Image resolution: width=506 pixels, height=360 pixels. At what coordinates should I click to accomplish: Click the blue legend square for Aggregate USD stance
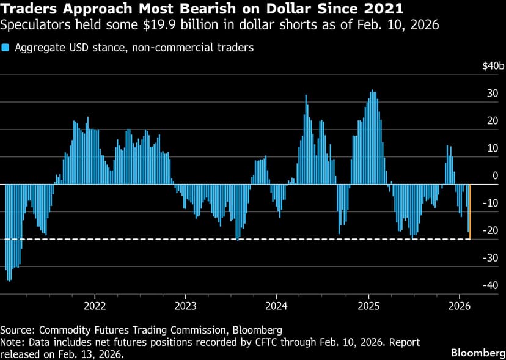click(x=5, y=47)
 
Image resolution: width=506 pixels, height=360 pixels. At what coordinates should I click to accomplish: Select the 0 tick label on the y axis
click(x=496, y=176)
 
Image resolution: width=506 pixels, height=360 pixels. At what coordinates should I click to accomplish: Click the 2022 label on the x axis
click(x=95, y=305)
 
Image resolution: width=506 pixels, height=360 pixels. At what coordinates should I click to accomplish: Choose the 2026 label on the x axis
click(x=459, y=305)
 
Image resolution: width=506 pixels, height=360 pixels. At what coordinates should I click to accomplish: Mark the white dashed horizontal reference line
click(x=244, y=239)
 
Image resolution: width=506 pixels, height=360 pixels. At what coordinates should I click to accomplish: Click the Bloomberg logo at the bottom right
click(x=475, y=353)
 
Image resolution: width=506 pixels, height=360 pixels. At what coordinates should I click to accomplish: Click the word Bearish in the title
click(x=173, y=10)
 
